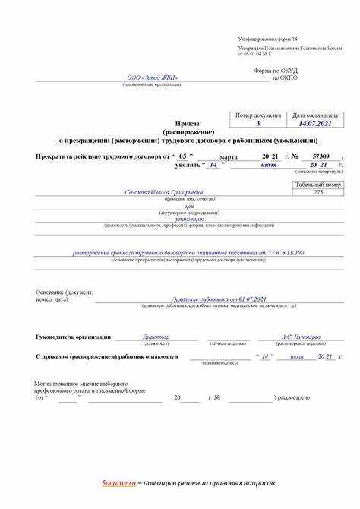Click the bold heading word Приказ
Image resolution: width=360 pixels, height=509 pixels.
[188, 122]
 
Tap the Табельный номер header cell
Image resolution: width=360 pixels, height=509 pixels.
[317, 185]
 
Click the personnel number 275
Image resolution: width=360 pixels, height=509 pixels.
[317, 193]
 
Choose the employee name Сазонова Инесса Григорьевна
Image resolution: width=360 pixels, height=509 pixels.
[159, 193]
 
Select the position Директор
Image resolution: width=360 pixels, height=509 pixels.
[156, 337]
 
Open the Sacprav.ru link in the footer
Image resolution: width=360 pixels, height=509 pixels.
[119, 483]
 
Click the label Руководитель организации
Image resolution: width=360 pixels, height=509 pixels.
[73, 337]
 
